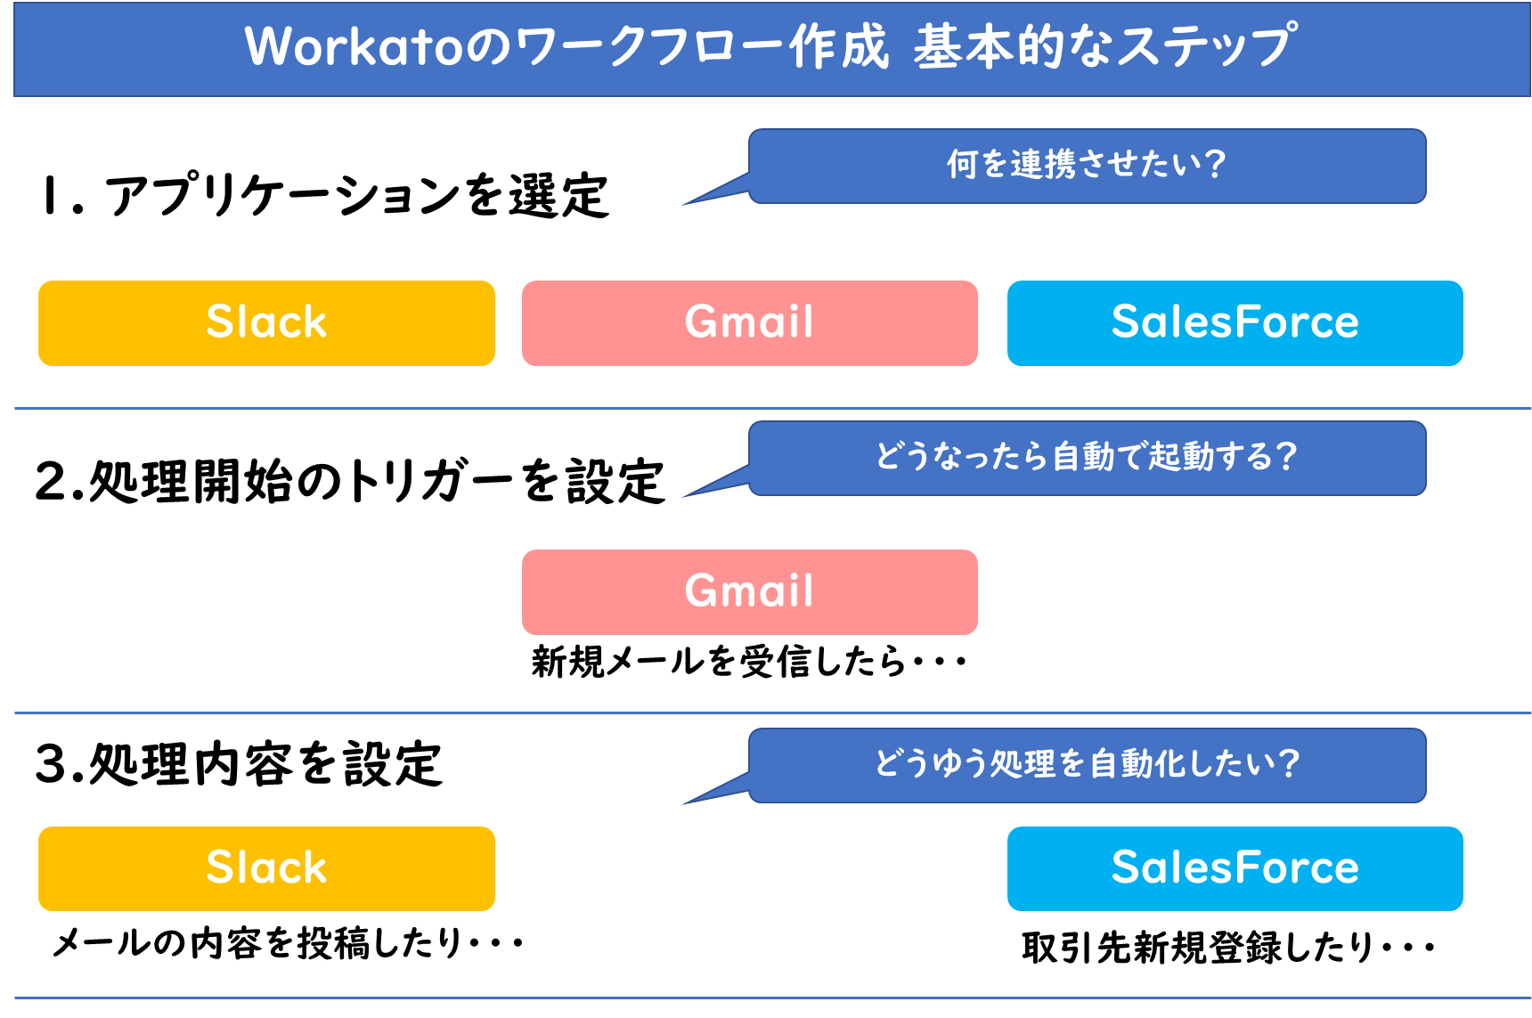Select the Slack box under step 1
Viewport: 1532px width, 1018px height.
pos(266,322)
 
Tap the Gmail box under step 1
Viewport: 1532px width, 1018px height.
pos(749,322)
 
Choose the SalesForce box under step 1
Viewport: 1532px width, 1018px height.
pos(1235,322)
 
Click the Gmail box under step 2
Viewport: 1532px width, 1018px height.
pos(749,591)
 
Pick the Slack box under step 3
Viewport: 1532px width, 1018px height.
pos(266,868)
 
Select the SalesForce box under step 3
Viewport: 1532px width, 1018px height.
pos(1235,868)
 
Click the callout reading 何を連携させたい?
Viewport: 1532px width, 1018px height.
pos(1087,166)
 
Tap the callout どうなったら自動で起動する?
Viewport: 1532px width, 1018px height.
pos(1087,458)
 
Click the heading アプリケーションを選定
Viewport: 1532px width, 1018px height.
pos(356,196)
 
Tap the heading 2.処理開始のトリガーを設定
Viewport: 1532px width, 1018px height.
pos(349,482)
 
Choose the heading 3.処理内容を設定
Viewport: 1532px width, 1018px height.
pos(239,764)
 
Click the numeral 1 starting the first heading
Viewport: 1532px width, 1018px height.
pos(49,196)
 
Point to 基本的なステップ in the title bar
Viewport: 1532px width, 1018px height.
pos(1104,46)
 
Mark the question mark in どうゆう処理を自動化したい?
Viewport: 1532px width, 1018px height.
pos(1287,763)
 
